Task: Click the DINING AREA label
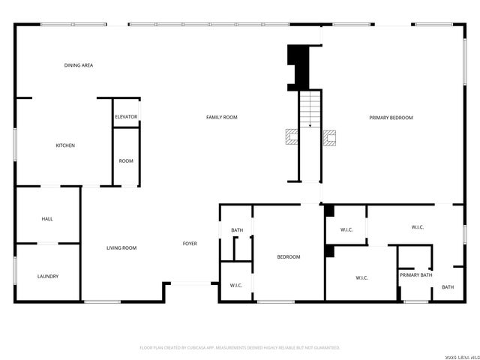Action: [78, 65]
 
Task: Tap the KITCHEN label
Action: [65, 145]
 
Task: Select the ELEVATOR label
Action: [126, 117]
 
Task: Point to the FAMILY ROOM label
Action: [222, 117]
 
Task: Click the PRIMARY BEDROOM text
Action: [391, 117]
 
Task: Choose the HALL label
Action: [47, 219]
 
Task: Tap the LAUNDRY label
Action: [48, 276]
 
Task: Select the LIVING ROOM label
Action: [121, 247]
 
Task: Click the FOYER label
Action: [190, 244]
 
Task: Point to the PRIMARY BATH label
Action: [415, 275]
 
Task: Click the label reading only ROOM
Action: [126, 160]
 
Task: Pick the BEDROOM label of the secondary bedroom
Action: [289, 257]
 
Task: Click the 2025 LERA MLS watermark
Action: [460, 356]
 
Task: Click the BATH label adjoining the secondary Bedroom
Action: [237, 230]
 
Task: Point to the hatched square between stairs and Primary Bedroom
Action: [330, 136]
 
